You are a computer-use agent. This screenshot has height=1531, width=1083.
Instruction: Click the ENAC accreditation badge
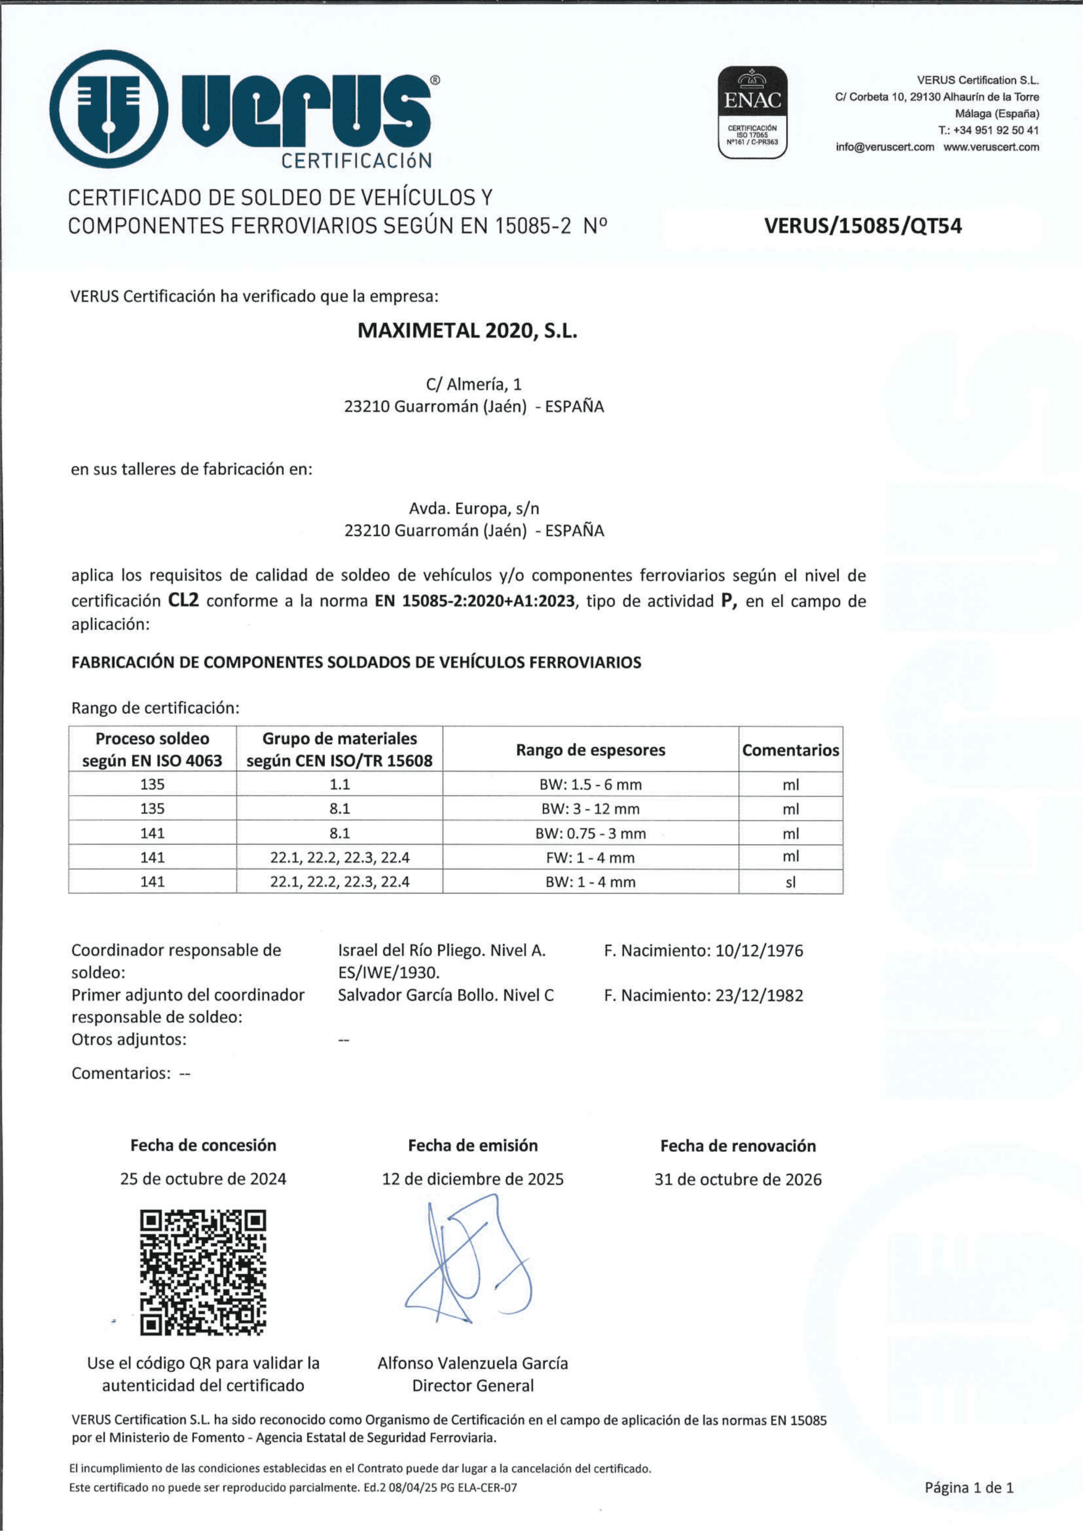(x=752, y=111)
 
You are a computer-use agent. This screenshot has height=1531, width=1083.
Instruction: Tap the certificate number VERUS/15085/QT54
(x=863, y=226)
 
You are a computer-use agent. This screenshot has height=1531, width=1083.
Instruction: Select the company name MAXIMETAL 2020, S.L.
(x=467, y=331)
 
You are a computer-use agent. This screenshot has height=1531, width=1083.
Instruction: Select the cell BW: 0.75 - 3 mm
(x=590, y=834)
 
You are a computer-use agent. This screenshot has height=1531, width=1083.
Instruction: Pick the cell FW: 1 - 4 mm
(x=590, y=858)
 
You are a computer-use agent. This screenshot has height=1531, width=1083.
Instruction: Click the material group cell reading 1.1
(x=340, y=784)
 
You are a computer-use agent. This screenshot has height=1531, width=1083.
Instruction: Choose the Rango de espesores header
(x=590, y=750)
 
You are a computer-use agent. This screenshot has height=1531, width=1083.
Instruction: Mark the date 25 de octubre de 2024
(x=203, y=1179)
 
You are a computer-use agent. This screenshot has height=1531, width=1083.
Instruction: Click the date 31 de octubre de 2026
(x=737, y=1179)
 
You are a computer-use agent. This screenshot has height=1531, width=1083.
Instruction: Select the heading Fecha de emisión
(x=473, y=1146)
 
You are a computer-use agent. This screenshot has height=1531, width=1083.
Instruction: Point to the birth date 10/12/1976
(x=759, y=950)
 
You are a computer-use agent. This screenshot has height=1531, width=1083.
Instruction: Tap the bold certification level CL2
(x=184, y=600)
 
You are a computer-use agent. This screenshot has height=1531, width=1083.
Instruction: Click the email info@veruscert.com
(x=885, y=147)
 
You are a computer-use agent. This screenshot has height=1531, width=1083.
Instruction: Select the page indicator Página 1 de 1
(x=969, y=1487)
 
